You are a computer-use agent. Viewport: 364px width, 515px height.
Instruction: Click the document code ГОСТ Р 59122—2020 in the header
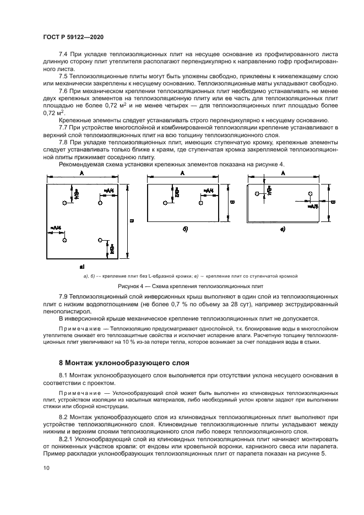point(73,36)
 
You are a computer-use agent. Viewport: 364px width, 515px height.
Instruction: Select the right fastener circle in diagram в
point(311,193)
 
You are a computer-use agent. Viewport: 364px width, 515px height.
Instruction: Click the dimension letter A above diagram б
point(182,172)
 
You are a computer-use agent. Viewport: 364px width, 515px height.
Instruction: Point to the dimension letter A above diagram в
point(283,172)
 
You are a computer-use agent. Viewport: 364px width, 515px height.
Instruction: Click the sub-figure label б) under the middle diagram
point(186,229)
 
